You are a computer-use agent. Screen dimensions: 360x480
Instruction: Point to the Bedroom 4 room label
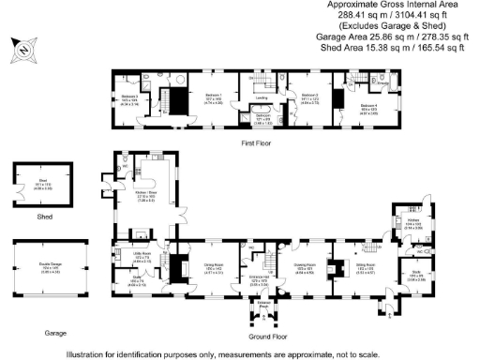pos(371,106)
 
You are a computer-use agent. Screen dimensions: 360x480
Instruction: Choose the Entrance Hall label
pos(272,279)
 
